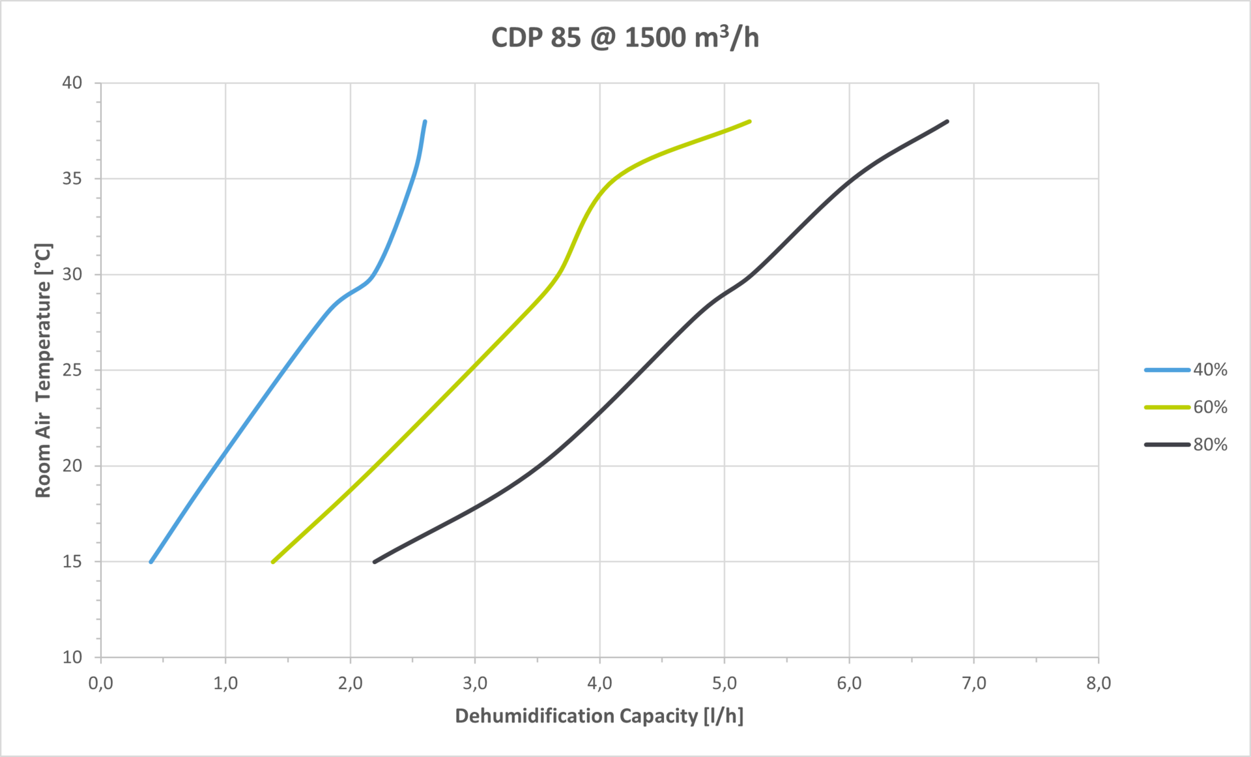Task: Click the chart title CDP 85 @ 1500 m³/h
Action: tap(625, 38)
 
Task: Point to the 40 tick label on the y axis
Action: tap(72, 83)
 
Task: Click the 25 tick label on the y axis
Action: tap(72, 370)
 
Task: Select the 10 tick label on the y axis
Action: tap(72, 657)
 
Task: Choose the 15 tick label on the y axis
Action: tap(72, 561)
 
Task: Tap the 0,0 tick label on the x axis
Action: tap(101, 683)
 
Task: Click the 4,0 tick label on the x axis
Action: tap(599, 683)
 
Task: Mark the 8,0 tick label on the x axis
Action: tap(1099, 683)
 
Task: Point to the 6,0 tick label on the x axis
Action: tap(849, 683)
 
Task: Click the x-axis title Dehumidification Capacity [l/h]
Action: tap(599, 716)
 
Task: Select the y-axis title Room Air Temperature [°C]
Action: tap(43, 370)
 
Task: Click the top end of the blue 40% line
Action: tap(425, 122)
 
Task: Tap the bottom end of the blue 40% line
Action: tap(151, 561)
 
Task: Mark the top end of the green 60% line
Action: tap(749, 121)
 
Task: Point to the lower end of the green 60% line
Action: tap(273, 561)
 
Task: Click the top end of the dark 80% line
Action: tap(947, 121)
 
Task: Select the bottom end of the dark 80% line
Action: tap(375, 561)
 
